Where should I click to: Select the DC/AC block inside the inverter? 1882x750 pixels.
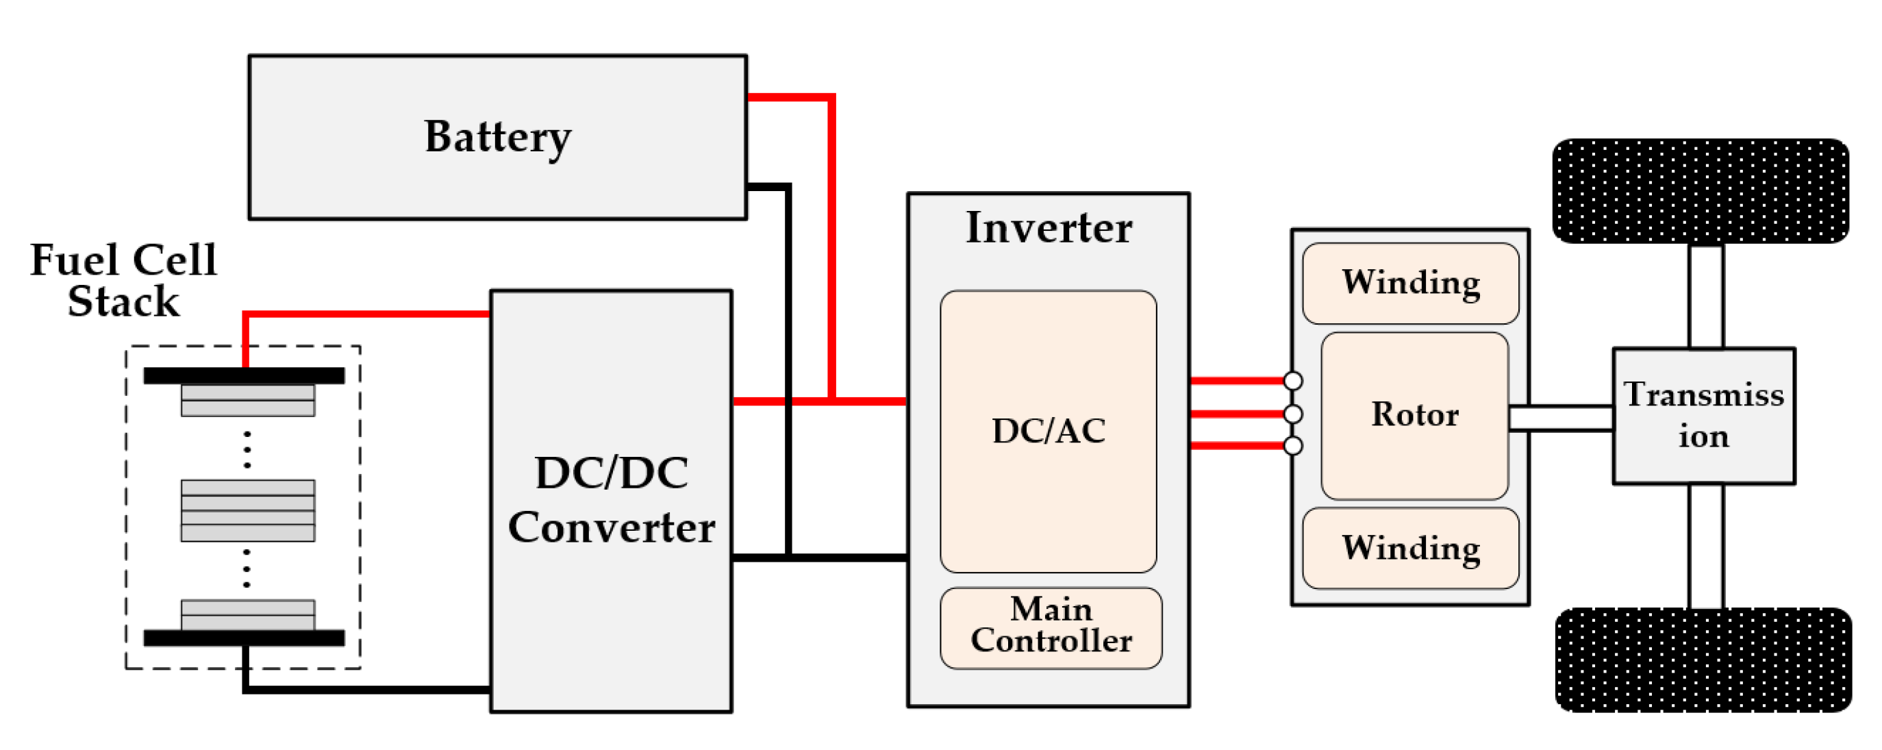click(x=1049, y=432)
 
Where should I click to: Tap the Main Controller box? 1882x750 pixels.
click(x=1051, y=628)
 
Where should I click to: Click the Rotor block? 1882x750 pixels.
click(x=1414, y=416)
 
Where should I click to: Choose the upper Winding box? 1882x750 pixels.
click(x=1411, y=283)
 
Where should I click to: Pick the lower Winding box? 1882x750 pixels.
click(x=1411, y=548)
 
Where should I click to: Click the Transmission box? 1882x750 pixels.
click(x=1704, y=416)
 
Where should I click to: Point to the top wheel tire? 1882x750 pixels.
click(x=1701, y=191)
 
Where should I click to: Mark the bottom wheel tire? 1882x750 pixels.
click(x=1704, y=660)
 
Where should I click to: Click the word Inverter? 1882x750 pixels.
click(x=1049, y=227)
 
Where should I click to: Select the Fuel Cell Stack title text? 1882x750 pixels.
click(x=123, y=280)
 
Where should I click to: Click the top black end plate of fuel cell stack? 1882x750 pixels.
click(x=244, y=376)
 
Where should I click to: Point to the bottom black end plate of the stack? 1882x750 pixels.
click(x=244, y=638)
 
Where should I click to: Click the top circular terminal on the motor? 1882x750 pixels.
click(x=1293, y=381)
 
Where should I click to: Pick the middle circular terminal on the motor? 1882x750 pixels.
click(x=1293, y=414)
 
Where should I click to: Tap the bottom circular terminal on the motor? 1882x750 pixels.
click(x=1293, y=445)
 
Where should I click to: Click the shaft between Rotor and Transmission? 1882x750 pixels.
click(x=1561, y=418)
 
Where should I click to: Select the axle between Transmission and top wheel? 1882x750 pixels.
click(x=1706, y=296)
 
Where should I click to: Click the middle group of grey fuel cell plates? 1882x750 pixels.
click(x=248, y=511)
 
